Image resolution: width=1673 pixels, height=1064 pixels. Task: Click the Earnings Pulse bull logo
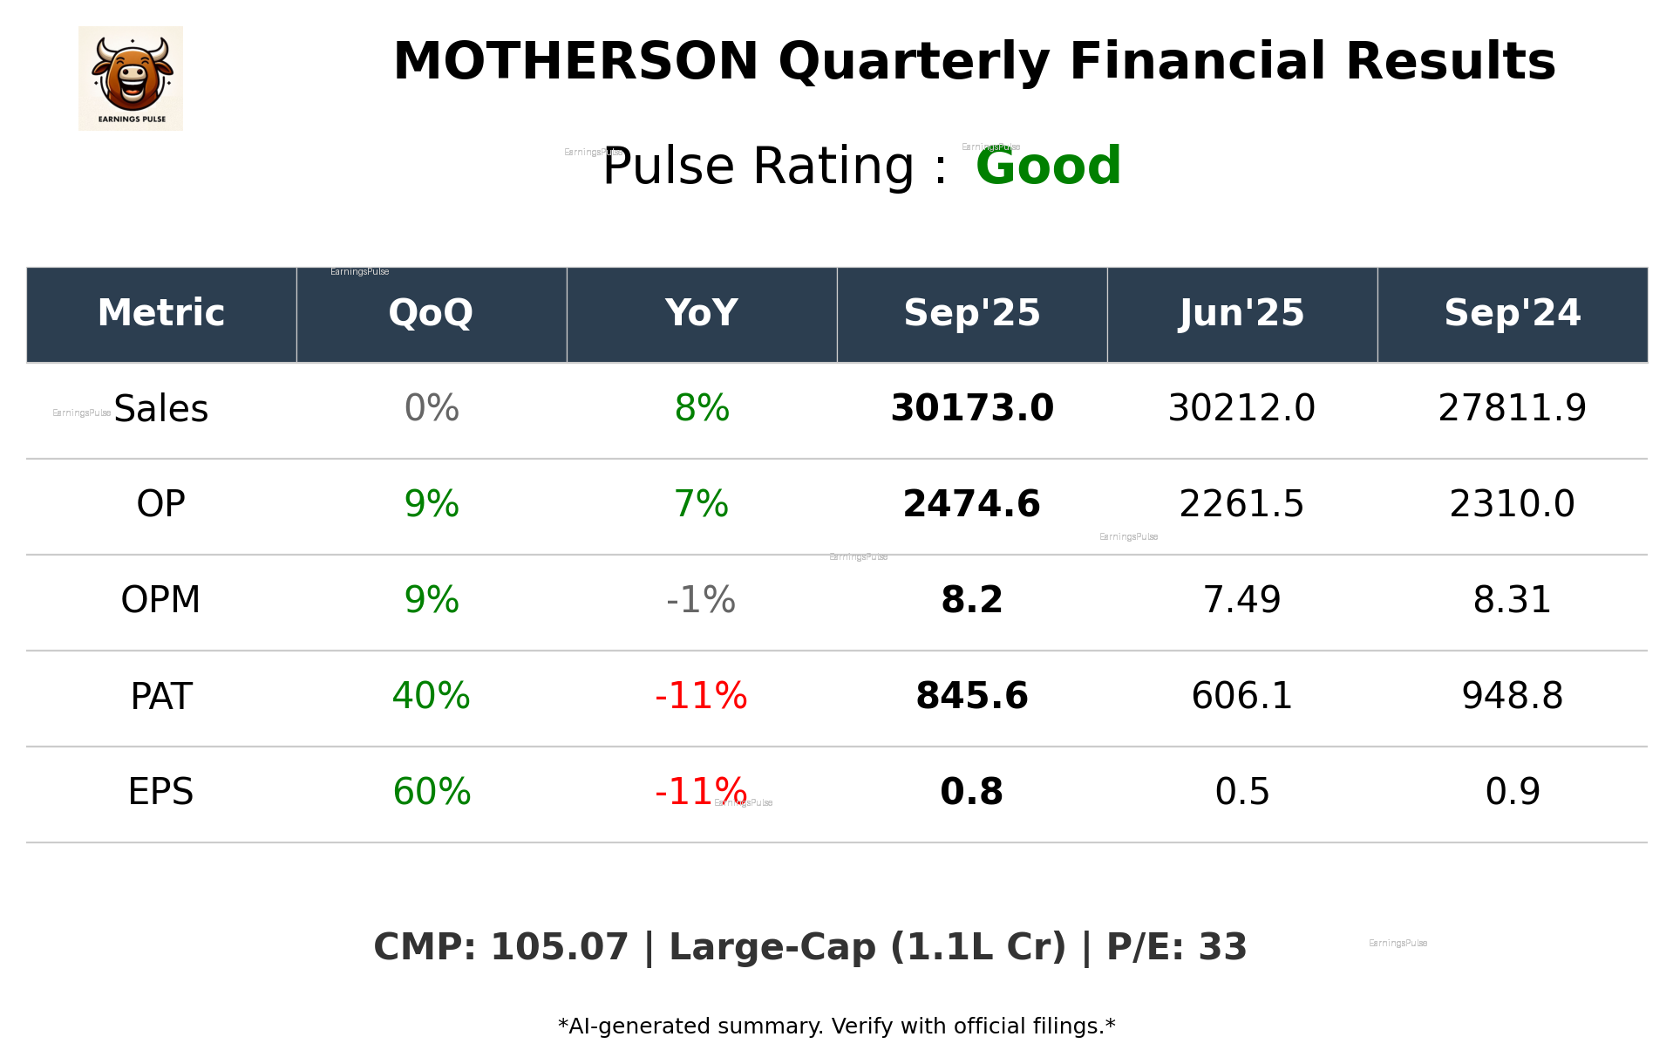pos(131,78)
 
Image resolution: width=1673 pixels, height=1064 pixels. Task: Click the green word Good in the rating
pos(1048,166)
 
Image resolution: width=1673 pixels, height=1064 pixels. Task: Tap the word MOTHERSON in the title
pos(575,62)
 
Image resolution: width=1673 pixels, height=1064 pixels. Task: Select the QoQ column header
pos(431,313)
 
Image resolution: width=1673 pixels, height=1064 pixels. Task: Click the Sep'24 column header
pos(1512,313)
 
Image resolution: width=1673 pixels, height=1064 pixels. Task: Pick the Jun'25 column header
pos(1241,313)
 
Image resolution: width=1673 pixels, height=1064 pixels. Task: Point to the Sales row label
pos(161,409)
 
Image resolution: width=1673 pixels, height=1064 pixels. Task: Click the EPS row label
pos(161,792)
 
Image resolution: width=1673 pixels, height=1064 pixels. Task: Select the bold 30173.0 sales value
pos(971,408)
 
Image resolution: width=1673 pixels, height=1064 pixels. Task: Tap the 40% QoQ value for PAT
pos(431,696)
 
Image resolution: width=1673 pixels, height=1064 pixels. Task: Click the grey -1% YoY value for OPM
pos(701,600)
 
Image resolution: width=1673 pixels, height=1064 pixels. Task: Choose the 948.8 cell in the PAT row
pos(1512,696)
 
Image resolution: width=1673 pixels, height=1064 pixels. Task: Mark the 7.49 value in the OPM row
pos(1241,600)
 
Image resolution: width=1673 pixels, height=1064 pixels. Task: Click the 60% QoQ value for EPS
pos(432,792)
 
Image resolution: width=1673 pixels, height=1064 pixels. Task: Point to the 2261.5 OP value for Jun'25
pos(1241,504)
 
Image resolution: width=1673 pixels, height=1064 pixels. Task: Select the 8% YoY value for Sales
pos(702,408)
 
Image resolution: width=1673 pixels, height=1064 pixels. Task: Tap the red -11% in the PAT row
pos(701,696)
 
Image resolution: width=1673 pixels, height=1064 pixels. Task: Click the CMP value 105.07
pos(559,948)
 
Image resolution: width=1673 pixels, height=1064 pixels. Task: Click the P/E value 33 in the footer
pos(1222,948)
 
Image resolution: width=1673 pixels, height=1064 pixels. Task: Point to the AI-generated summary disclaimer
pos(836,1026)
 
